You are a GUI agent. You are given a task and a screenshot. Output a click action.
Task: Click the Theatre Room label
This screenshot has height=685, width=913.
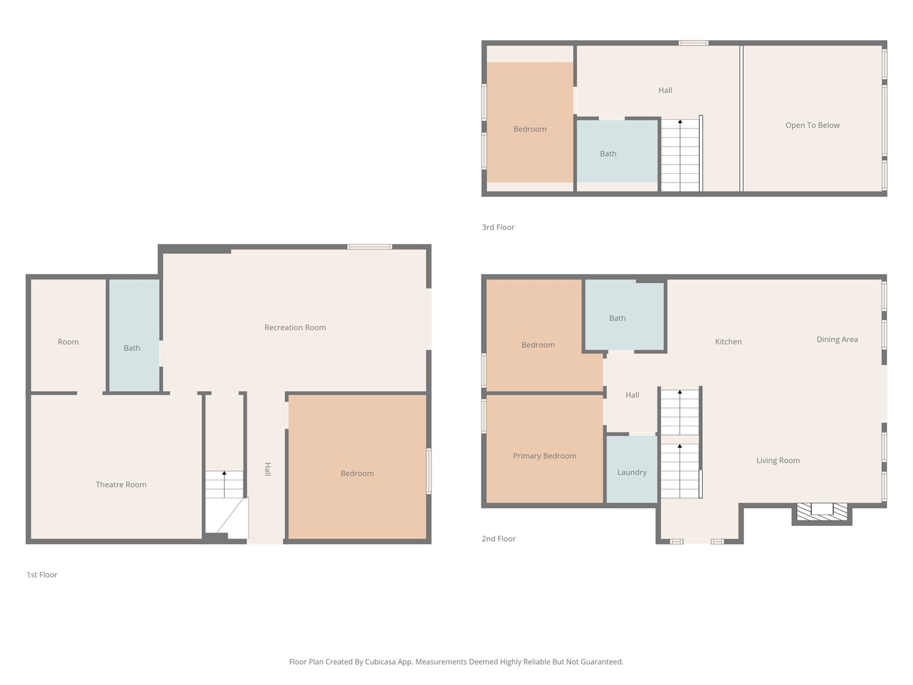pyautogui.click(x=120, y=484)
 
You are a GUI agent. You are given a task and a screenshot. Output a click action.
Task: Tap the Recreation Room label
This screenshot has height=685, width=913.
pyautogui.click(x=295, y=327)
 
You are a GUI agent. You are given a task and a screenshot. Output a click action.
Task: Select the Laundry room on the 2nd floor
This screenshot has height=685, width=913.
pyautogui.click(x=631, y=469)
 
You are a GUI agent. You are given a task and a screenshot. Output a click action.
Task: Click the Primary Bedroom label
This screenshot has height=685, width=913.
pyautogui.click(x=544, y=456)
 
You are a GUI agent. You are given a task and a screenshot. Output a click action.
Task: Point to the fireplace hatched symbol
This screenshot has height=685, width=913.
pyautogui.click(x=821, y=512)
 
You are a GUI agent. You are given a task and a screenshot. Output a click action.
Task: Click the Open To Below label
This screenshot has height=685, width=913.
pyautogui.click(x=812, y=125)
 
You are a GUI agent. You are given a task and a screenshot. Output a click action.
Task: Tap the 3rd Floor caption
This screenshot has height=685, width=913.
pyautogui.click(x=498, y=227)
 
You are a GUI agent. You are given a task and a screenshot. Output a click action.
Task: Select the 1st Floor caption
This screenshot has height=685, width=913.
pyautogui.click(x=42, y=575)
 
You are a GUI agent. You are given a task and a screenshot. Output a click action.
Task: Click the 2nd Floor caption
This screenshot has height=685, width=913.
pyautogui.click(x=498, y=539)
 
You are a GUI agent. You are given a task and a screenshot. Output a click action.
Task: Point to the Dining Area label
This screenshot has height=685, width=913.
pyautogui.click(x=837, y=339)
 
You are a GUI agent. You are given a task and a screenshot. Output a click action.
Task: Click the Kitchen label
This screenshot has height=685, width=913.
pyautogui.click(x=728, y=341)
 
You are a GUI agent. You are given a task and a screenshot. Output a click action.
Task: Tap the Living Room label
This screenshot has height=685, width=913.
pyautogui.click(x=778, y=460)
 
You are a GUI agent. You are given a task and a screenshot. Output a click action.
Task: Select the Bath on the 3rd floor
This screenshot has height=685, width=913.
pyautogui.click(x=617, y=151)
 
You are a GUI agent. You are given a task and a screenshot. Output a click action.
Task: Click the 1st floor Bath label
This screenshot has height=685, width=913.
pyautogui.click(x=132, y=348)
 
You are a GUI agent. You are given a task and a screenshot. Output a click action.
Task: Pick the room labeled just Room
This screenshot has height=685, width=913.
pyautogui.click(x=68, y=335)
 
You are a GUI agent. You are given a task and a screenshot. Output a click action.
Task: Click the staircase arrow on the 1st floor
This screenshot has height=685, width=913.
pyautogui.click(x=224, y=484)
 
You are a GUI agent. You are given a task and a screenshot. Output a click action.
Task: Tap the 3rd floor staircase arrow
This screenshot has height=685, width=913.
pyautogui.click(x=680, y=155)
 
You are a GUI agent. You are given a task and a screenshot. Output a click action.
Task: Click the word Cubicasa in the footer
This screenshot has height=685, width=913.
pyautogui.click(x=380, y=662)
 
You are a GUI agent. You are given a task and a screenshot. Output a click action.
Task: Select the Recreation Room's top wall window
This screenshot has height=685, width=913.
pyautogui.click(x=369, y=247)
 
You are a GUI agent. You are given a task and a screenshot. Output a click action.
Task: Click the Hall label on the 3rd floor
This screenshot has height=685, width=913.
pyautogui.click(x=665, y=90)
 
